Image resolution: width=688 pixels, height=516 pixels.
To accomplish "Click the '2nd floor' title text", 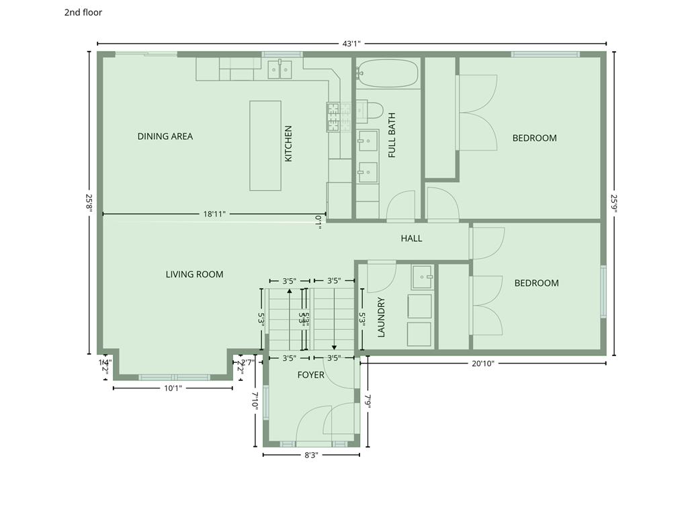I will tap(83, 12).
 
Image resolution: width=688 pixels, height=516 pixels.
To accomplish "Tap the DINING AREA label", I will tap(165, 136).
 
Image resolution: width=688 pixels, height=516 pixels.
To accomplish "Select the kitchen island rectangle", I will tap(265, 145).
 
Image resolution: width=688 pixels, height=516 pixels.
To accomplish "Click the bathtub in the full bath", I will tap(388, 73).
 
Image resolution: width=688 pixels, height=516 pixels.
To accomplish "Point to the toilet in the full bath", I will tap(370, 110).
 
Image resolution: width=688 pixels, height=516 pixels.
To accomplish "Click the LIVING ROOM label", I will tap(194, 274).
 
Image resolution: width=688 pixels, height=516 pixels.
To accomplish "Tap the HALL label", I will tap(411, 238).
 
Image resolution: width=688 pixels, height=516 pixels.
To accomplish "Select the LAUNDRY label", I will tap(381, 316).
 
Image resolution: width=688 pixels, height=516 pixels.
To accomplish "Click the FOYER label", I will tap(311, 375).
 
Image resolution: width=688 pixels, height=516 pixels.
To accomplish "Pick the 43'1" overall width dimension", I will tap(351, 44).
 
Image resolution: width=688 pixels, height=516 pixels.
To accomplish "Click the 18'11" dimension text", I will tap(214, 214).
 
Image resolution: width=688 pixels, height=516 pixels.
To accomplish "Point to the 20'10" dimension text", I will tap(482, 363).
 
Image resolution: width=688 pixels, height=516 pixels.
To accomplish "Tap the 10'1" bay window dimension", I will tap(173, 388).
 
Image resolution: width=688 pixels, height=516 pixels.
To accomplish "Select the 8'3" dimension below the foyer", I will tap(310, 455).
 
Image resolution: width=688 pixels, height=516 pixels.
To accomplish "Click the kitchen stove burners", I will tap(339, 116).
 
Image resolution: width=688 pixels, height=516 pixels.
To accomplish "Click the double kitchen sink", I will tap(279, 69).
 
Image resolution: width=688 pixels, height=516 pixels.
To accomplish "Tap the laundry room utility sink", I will tap(423, 274).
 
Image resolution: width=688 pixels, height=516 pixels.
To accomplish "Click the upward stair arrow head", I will tap(289, 291).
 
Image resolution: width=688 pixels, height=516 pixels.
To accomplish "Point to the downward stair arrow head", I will tap(334, 348).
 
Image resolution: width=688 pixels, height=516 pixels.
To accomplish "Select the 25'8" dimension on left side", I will tap(88, 203).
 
